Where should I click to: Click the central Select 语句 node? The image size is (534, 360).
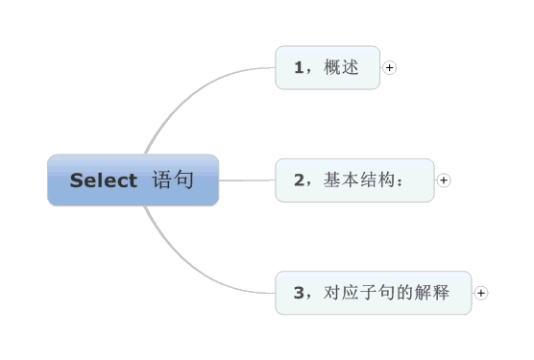pyautogui.click(x=133, y=180)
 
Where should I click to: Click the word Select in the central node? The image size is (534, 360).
pyautogui.click(x=103, y=180)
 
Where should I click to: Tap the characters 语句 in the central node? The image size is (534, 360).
pyautogui.click(x=173, y=180)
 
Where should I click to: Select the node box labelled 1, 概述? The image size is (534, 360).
pyautogui.click(x=328, y=67)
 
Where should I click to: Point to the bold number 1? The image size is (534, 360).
pyautogui.click(x=299, y=67)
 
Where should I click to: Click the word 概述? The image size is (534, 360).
pyautogui.click(x=342, y=67)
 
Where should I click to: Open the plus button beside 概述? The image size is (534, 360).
pyautogui.click(x=390, y=67)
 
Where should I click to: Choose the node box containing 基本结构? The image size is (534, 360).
pyautogui.click(x=354, y=180)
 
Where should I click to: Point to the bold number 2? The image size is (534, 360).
pyautogui.click(x=299, y=180)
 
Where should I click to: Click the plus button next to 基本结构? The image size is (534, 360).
pyautogui.click(x=444, y=180)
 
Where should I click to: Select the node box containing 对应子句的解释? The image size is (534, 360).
pyautogui.click(x=374, y=293)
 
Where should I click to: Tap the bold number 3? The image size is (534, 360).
pyautogui.click(x=299, y=293)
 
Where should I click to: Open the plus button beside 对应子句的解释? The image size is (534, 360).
pyautogui.click(x=481, y=293)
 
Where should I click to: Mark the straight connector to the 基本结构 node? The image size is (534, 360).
pyautogui.click(x=247, y=180)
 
